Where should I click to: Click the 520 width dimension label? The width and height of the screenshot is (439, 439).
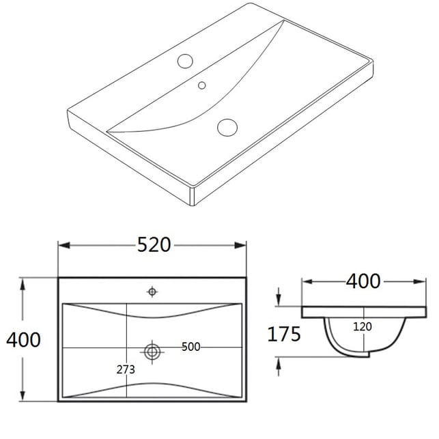tap(154, 244)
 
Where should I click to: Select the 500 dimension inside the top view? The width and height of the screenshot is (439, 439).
tap(191, 347)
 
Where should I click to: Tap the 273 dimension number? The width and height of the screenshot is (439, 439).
tap(126, 369)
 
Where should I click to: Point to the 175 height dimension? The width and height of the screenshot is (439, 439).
tap(284, 334)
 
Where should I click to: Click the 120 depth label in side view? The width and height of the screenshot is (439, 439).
tap(363, 327)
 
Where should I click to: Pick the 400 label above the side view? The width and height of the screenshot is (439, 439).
tap(363, 281)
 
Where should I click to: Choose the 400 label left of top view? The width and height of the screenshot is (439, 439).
tap(23, 340)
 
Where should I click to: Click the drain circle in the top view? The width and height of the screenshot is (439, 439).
tap(152, 352)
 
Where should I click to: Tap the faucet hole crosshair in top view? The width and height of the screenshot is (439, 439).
tap(152, 292)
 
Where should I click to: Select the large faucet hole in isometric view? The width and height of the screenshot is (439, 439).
tap(185, 61)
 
